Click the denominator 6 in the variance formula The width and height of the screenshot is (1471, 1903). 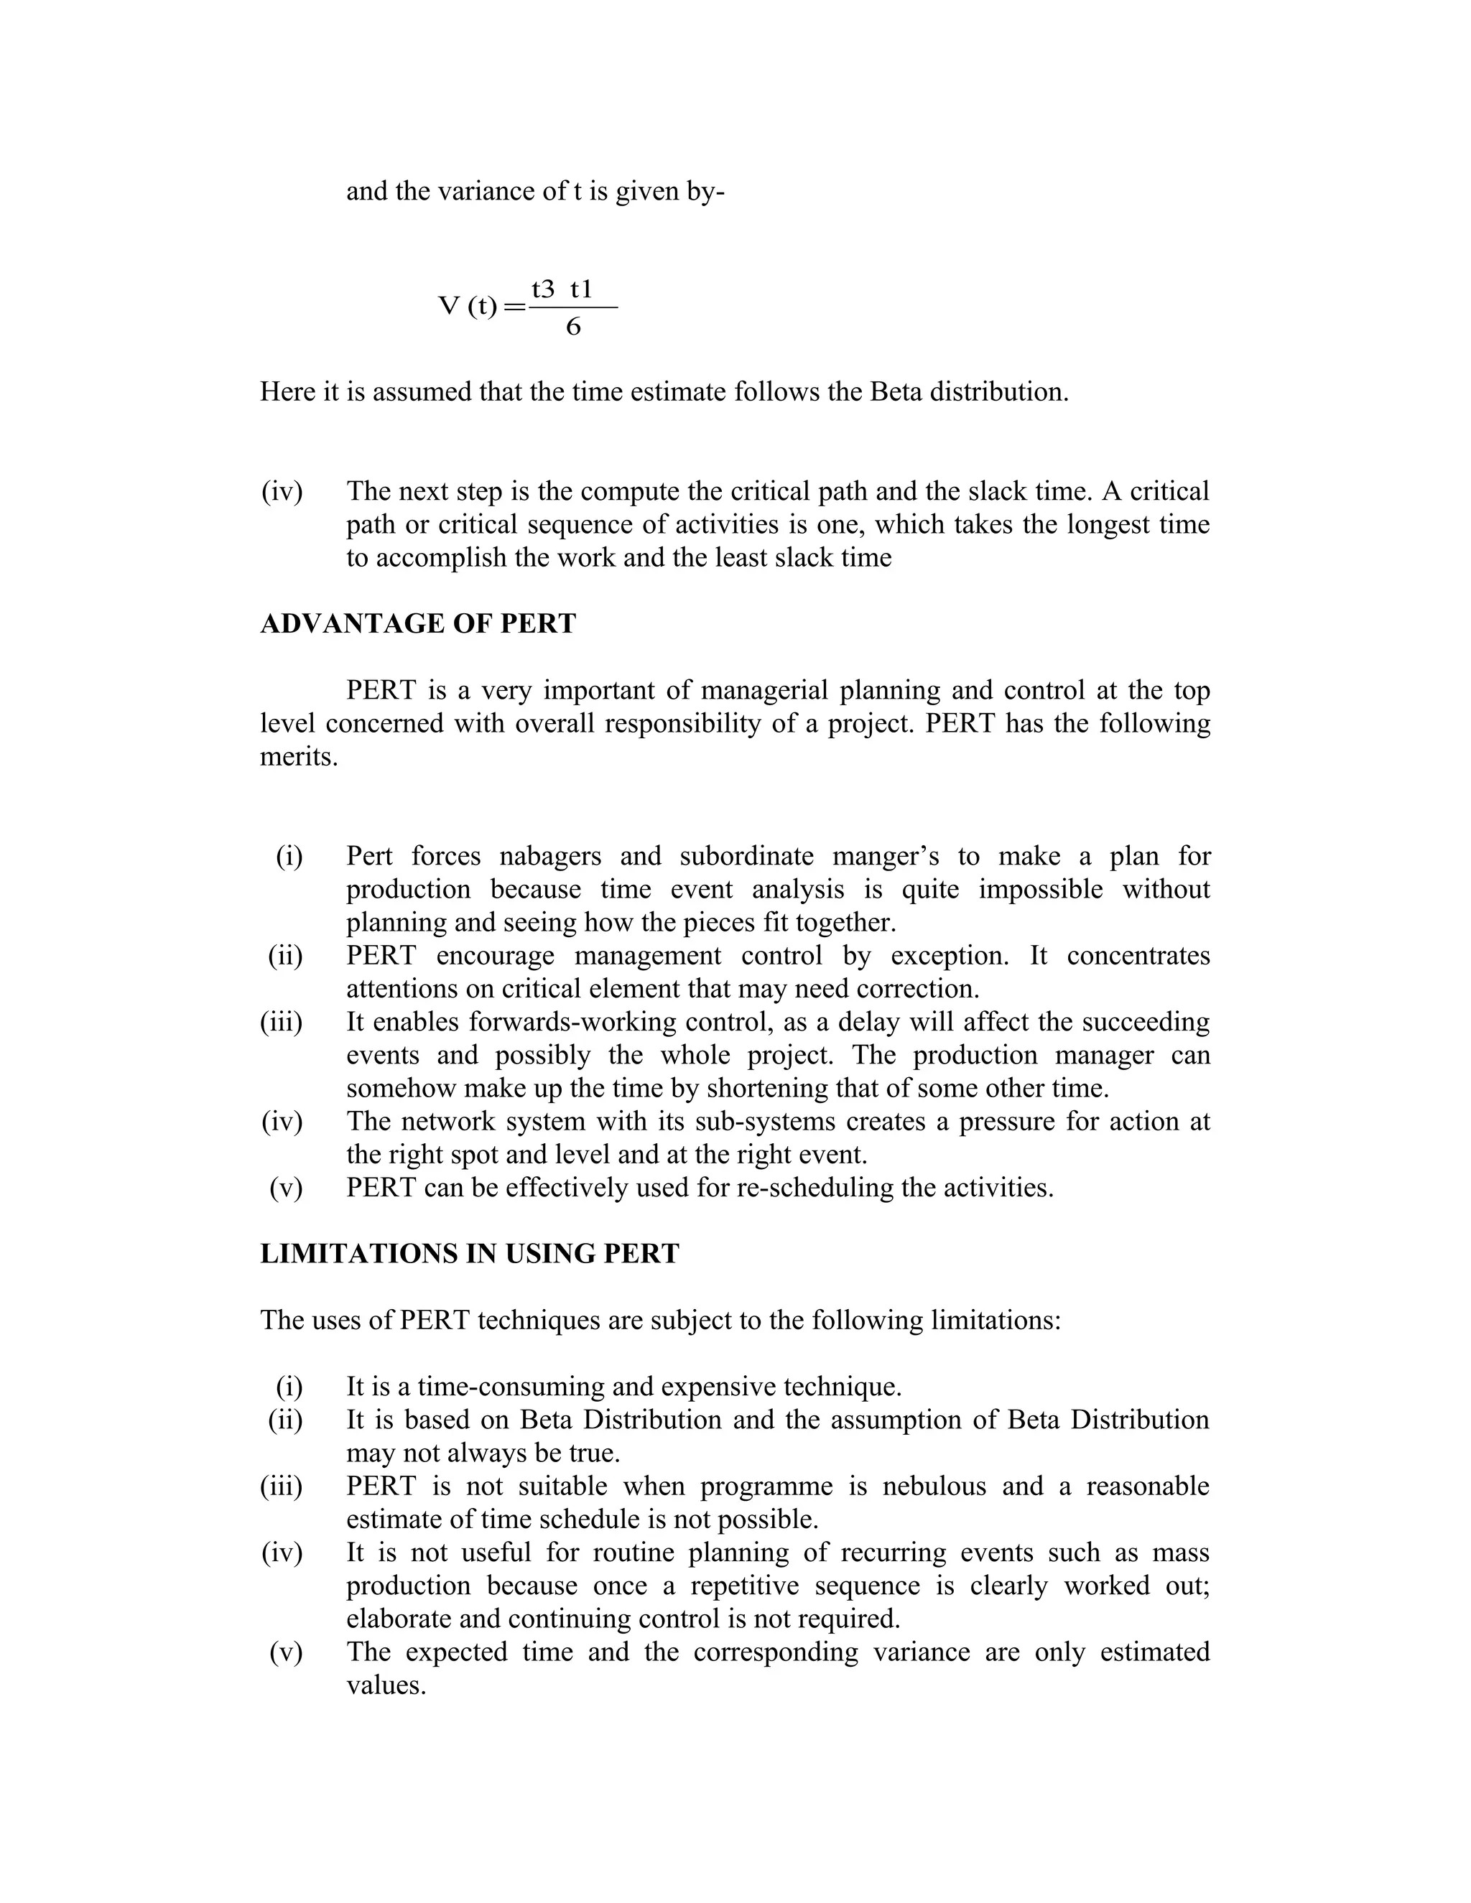pyautogui.click(x=572, y=327)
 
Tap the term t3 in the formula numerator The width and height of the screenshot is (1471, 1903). pyautogui.click(x=543, y=289)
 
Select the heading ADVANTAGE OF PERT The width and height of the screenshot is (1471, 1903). pyautogui.click(x=417, y=624)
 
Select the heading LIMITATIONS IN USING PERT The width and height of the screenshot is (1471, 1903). pyautogui.click(x=469, y=1254)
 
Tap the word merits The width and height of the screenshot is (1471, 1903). pyautogui.click(x=297, y=756)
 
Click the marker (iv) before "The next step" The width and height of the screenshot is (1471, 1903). pyautogui.click(x=282, y=491)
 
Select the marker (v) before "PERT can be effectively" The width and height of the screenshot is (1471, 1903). pyautogui.click(x=286, y=1188)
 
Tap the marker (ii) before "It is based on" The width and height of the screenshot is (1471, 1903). pyautogui.click(x=285, y=1420)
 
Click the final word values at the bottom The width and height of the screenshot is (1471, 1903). pyautogui.click(x=385, y=1685)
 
